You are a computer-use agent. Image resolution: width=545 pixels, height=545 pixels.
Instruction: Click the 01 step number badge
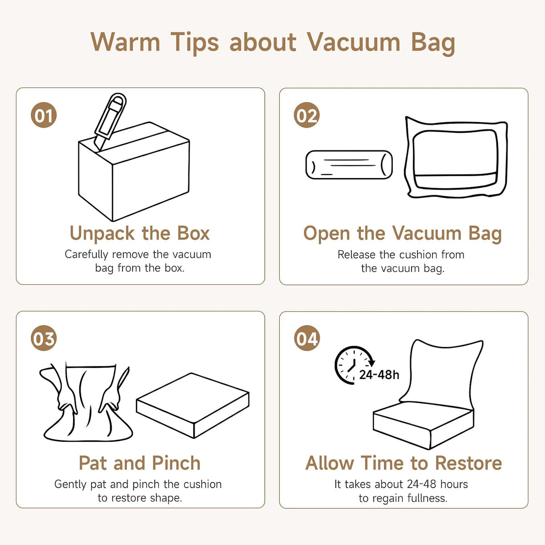pos(44,115)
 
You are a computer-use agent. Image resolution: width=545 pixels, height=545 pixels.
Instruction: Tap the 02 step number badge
pos(307,115)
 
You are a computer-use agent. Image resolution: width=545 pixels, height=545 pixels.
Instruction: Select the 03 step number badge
pos(44,338)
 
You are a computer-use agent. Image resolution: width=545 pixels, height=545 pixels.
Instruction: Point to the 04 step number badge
pos(307,338)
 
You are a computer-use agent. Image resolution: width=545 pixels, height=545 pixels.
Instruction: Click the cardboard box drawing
pos(134,172)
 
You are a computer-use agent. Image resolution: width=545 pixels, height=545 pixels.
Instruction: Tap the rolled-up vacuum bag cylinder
pos(349,164)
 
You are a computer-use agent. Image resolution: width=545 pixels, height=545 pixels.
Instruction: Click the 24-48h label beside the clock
pos(379,375)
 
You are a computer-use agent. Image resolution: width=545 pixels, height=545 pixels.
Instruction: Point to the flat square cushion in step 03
pos(193,405)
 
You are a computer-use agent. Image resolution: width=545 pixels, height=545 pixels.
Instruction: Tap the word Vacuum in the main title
pos(353,42)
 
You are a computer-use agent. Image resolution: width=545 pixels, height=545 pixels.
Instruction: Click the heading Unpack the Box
pos(140,233)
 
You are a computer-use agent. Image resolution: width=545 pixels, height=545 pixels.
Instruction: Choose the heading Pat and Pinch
pos(140,463)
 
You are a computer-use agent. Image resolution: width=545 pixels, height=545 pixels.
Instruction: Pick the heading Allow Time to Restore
pos(404,463)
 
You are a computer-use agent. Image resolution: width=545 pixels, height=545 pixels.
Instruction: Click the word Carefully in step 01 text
pos(86,254)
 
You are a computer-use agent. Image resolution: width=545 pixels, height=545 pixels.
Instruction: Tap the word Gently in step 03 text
pos(70,485)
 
